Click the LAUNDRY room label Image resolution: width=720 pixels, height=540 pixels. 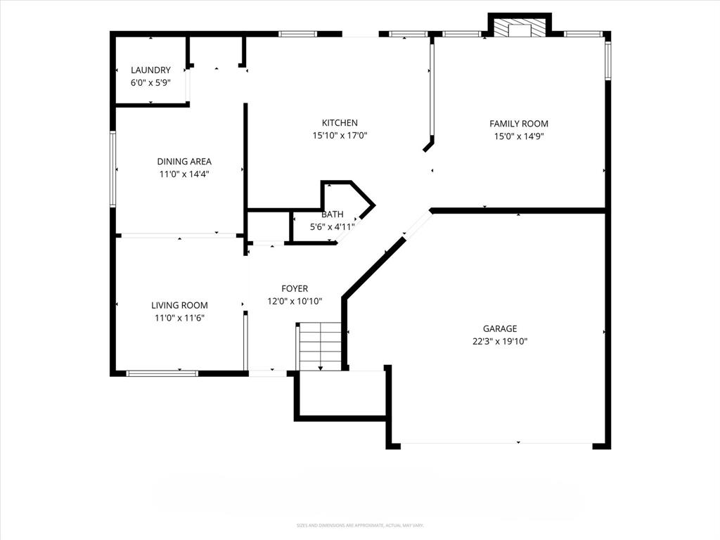click(150, 70)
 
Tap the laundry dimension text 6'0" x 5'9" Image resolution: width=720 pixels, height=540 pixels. click(150, 82)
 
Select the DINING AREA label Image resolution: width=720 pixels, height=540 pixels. click(184, 161)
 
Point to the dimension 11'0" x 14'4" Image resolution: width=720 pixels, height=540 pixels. click(184, 174)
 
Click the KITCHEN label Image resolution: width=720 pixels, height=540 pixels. click(340, 123)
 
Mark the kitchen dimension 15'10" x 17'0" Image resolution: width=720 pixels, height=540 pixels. click(340, 136)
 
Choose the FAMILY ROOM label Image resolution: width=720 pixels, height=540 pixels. click(519, 124)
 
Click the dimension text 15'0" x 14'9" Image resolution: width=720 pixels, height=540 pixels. click(519, 136)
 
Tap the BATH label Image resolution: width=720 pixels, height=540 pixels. click(333, 214)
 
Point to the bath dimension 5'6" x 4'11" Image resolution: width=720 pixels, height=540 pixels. click(333, 227)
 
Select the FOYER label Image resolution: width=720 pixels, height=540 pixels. click(295, 288)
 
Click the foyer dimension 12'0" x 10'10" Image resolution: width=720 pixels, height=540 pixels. click(295, 301)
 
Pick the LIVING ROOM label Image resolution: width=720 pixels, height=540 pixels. click(179, 305)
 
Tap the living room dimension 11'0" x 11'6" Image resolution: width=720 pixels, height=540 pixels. click(179, 318)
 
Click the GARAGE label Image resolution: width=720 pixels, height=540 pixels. click(500, 328)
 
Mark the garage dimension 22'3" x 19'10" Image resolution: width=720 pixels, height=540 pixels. click(500, 341)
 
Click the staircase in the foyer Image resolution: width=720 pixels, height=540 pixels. click(320, 346)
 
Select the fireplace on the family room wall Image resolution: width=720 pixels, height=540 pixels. click(520, 27)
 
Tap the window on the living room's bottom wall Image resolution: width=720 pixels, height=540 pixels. click(162, 373)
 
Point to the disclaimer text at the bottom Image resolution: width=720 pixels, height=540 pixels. click(360, 525)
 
